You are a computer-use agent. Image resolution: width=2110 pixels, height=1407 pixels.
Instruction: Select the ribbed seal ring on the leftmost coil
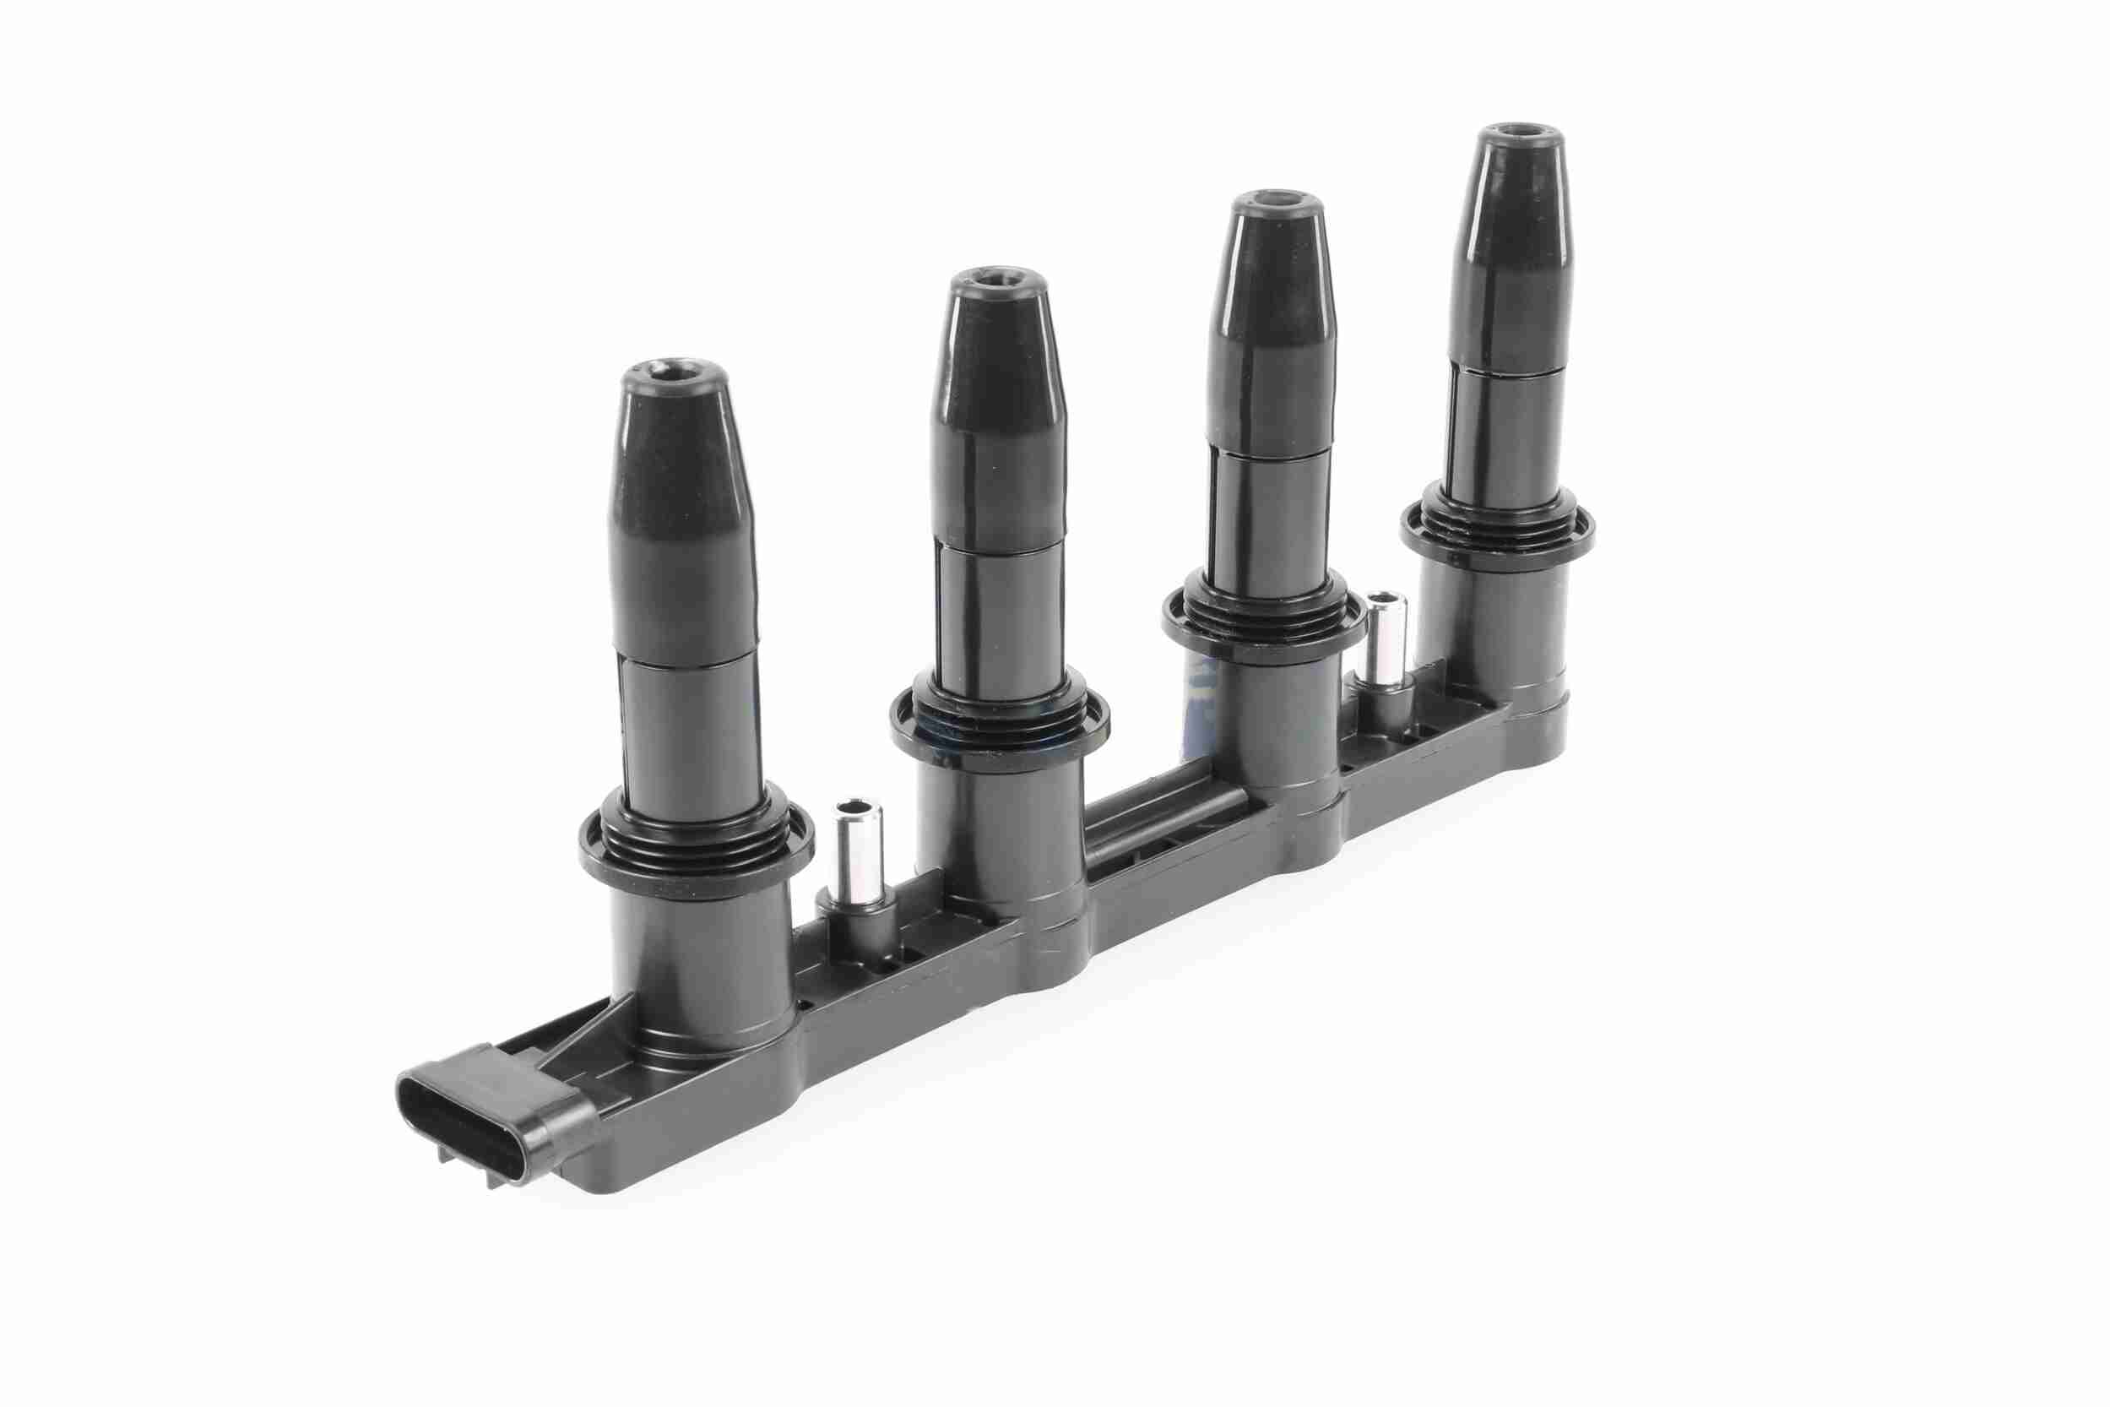point(695,839)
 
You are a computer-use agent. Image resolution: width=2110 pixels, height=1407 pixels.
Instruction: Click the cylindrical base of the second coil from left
point(1001,834)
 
